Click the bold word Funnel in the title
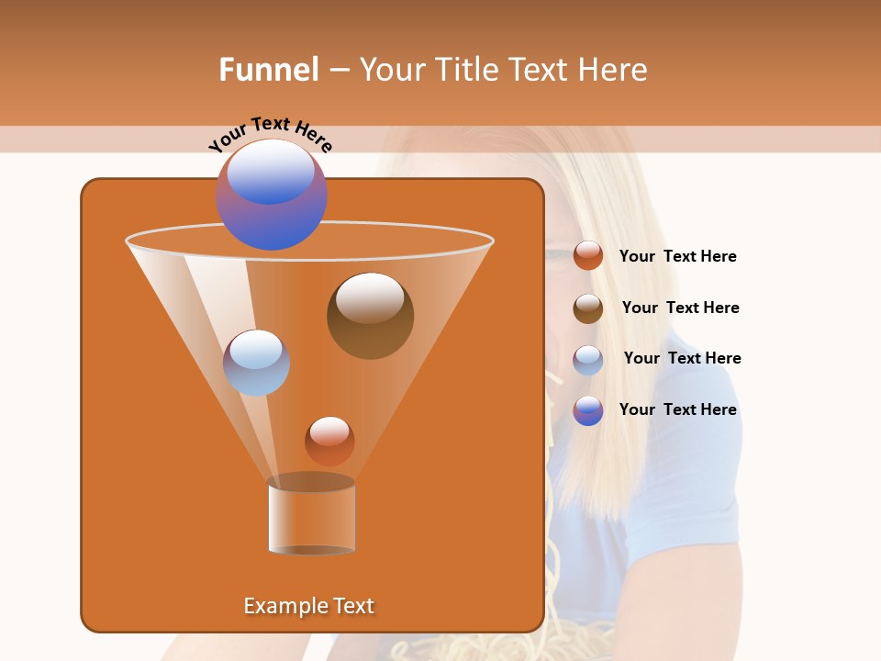[268, 70]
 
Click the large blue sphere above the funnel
[272, 194]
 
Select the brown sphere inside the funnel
[370, 315]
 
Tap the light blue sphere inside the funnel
[256, 363]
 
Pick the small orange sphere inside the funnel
[329, 441]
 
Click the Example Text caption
[308, 606]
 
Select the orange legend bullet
[587, 256]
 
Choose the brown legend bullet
[587, 308]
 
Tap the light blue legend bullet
[587, 360]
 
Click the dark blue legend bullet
[587, 410]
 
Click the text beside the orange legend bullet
[677, 257]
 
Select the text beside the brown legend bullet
[680, 308]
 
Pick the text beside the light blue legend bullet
[682, 359]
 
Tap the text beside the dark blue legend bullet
[677, 410]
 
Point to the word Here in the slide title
[613, 70]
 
